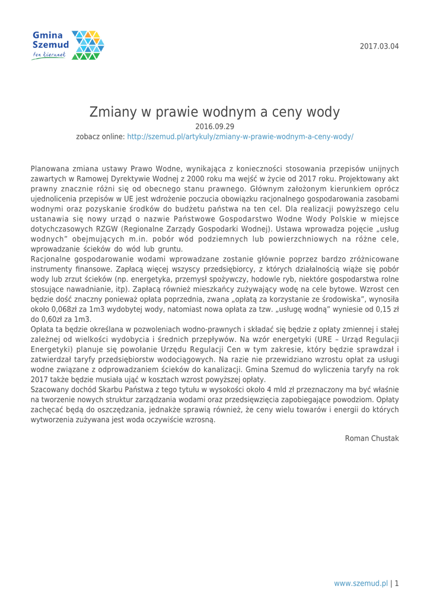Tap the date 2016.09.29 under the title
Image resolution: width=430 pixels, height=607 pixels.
[x=215, y=126]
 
